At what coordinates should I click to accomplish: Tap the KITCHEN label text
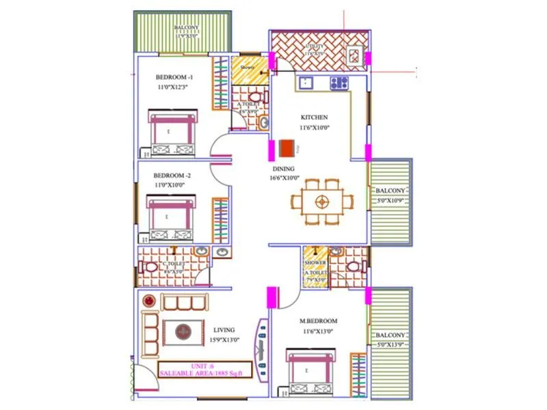tap(313, 118)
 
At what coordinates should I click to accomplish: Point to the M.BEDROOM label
tap(319, 321)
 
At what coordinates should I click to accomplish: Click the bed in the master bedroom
tap(310, 372)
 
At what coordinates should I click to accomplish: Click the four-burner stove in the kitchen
tap(340, 83)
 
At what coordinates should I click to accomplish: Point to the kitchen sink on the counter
tap(304, 83)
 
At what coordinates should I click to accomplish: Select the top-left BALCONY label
tap(185, 28)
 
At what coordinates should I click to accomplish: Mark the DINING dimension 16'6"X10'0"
tap(284, 178)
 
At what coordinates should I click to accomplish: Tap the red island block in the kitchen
tap(287, 148)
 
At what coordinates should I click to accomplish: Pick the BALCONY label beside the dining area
tap(390, 191)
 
